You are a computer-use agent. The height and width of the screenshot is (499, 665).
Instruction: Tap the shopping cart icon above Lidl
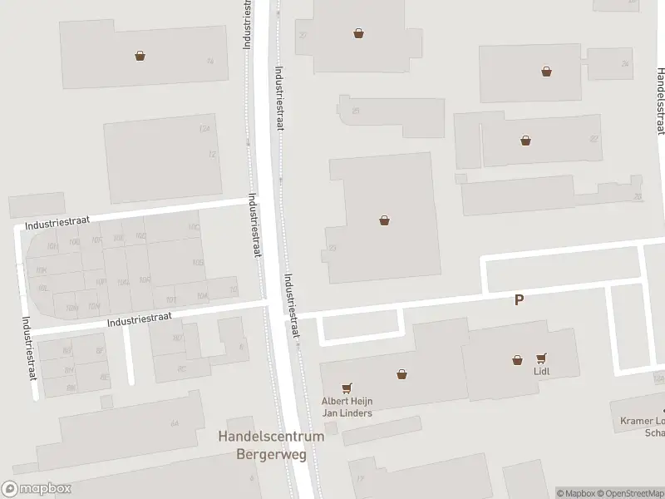click(543, 358)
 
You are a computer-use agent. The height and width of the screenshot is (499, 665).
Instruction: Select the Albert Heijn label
click(347, 401)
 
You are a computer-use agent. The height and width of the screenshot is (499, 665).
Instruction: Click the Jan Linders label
click(347, 413)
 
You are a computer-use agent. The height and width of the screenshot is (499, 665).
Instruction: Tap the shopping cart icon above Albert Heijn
click(347, 388)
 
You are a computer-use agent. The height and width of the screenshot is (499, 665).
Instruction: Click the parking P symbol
click(520, 300)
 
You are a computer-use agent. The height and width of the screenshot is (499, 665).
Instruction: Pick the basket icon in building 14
click(140, 56)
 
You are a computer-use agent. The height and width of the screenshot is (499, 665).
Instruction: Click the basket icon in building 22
click(525, 140)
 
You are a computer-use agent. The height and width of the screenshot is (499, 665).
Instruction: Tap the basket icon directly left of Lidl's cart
click(518, 359)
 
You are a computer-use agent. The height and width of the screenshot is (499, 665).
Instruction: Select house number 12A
click(204, 130)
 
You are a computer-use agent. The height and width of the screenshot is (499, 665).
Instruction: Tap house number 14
click(210, 61)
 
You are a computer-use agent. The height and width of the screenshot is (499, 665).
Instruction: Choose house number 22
click(593, 139)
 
